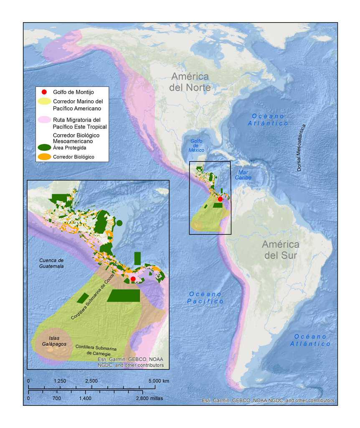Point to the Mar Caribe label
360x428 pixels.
click(245, 175)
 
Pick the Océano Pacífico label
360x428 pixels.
click(205, 297)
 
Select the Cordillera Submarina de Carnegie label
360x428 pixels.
click(96, 350)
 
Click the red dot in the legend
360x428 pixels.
click(44, 92)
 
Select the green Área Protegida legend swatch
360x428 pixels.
click(44, 147)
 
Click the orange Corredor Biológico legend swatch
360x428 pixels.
click(44, 157)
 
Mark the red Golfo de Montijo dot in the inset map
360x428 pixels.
click(133, 279)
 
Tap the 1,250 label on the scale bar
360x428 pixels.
click(60, 381)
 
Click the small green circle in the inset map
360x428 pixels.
click(119, 223)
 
